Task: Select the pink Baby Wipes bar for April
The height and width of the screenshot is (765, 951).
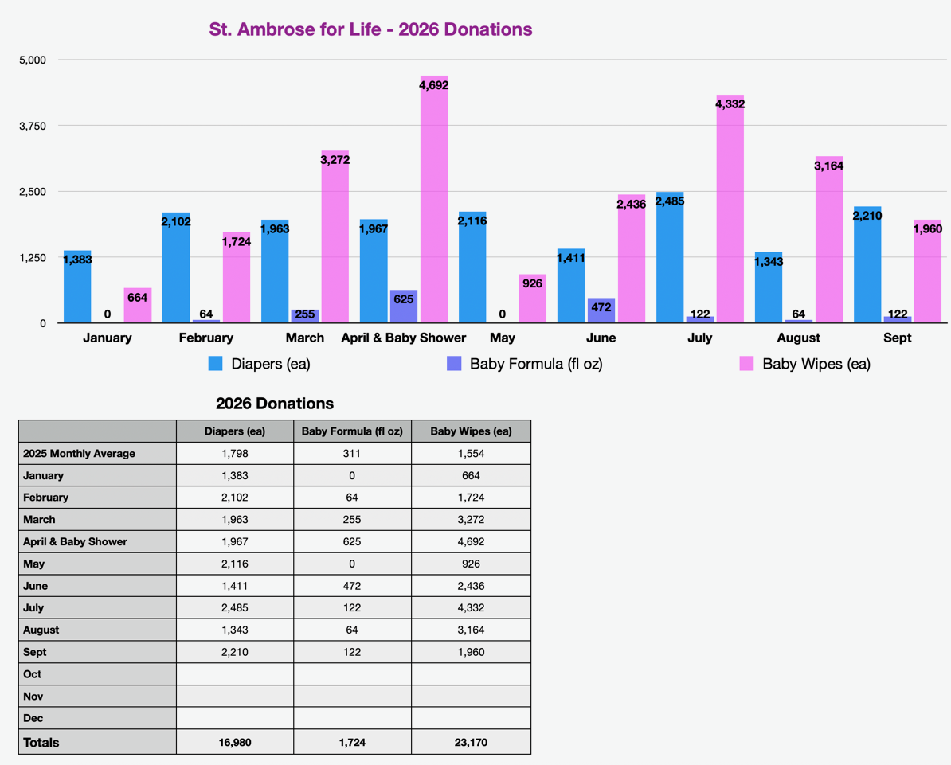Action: (x=433, y=200)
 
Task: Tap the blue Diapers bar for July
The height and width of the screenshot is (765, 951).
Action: (x=670, y=258)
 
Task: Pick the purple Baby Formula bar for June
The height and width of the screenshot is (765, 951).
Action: (x=601, y=310)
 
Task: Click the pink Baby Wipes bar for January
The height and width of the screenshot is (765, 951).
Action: (x=138, y=306)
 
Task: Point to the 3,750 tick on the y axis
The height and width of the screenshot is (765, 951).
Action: (x=33, y=126)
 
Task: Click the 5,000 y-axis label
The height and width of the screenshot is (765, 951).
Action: (x=33, y=60)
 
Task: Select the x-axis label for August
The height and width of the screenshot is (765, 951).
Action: (x=798, y=338)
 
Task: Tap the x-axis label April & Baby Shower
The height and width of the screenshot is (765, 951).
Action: (x=403, y=338)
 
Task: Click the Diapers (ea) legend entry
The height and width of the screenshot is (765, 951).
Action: (x=260, y=364)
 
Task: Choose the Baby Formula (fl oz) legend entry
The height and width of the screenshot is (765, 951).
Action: (x=525, y=364)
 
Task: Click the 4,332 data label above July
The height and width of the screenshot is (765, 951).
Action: (x=730, y=104)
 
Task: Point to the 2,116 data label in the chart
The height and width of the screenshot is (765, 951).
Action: (x=472, y=221)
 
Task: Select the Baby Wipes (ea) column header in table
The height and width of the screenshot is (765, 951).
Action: (x=472, y=431)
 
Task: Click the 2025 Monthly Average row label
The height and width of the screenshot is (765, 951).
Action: (x=80, y=454)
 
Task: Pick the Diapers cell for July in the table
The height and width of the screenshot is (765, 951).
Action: (x=235, y=608)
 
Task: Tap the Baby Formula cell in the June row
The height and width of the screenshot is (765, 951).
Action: (x=352, y=586)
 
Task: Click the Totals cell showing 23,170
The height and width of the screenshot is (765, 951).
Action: (x=472, y=742)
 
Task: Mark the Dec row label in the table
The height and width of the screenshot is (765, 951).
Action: (x=33, y=718)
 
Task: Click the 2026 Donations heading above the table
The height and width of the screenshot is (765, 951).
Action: (x=275, y=404)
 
